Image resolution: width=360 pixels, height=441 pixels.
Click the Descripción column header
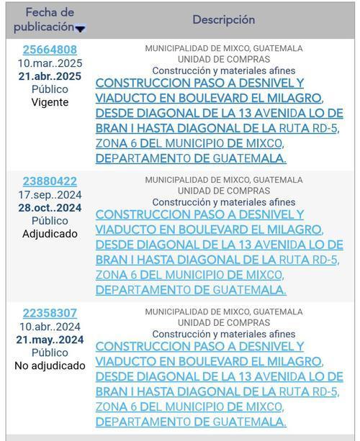[223, 19]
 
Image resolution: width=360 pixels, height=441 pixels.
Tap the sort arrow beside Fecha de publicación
[81, 29]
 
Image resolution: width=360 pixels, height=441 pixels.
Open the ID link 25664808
[50, 50]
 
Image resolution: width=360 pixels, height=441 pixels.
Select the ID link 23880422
[50, 181]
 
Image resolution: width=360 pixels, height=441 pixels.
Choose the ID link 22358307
[50, 313]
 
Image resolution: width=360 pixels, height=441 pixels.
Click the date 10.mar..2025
[50, 63]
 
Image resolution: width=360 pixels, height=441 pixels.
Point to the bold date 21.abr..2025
[50, 76]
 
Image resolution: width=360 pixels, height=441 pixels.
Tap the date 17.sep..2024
[50, 195]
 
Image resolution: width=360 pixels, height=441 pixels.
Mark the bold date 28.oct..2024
[50, 208]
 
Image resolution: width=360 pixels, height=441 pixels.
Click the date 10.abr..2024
[50, 327]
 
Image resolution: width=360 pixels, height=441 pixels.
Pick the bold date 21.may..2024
[50, 340]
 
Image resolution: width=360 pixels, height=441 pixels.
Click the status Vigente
[50, 102]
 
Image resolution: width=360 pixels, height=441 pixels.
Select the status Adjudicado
[50, 234]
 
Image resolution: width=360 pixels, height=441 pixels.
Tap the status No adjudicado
[50, 365]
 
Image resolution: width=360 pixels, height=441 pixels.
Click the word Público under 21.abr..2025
[50, 89]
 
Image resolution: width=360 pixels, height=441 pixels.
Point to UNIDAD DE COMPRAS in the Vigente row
[224, 59]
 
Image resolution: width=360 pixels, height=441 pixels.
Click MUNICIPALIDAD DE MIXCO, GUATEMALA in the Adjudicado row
[224, 180]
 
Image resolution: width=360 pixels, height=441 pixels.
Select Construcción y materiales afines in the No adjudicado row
[224, 334]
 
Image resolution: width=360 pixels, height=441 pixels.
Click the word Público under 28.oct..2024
[50, 221]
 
